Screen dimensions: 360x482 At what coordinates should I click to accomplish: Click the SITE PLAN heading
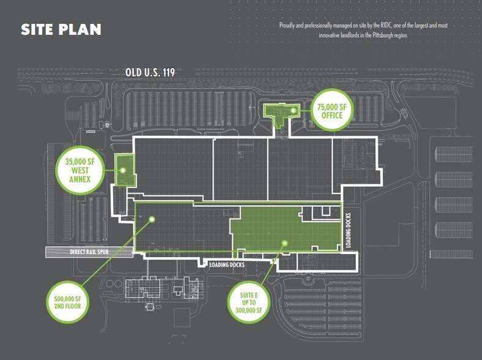61,29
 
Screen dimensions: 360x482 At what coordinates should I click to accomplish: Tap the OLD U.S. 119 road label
150,72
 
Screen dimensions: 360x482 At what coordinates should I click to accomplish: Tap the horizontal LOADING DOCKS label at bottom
227,264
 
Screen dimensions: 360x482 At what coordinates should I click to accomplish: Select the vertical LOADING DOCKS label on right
348,230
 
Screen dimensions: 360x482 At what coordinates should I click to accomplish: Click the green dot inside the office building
294,111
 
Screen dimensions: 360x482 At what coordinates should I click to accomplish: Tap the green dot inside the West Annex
122,170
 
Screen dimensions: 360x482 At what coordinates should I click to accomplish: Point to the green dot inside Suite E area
284,243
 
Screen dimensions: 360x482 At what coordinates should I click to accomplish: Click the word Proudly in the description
288,26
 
